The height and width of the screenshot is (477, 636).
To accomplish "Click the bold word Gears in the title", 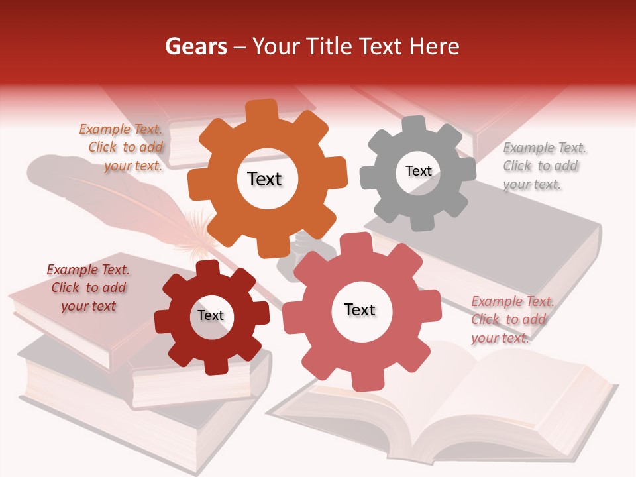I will click(195, 46).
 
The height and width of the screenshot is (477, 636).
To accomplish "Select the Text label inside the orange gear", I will click(264, 179).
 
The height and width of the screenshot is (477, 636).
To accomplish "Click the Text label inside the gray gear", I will click(418, 171).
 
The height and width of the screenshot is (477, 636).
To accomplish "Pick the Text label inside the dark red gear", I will click(211, 315).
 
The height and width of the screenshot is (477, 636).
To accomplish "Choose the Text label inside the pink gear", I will click(360, 309).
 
